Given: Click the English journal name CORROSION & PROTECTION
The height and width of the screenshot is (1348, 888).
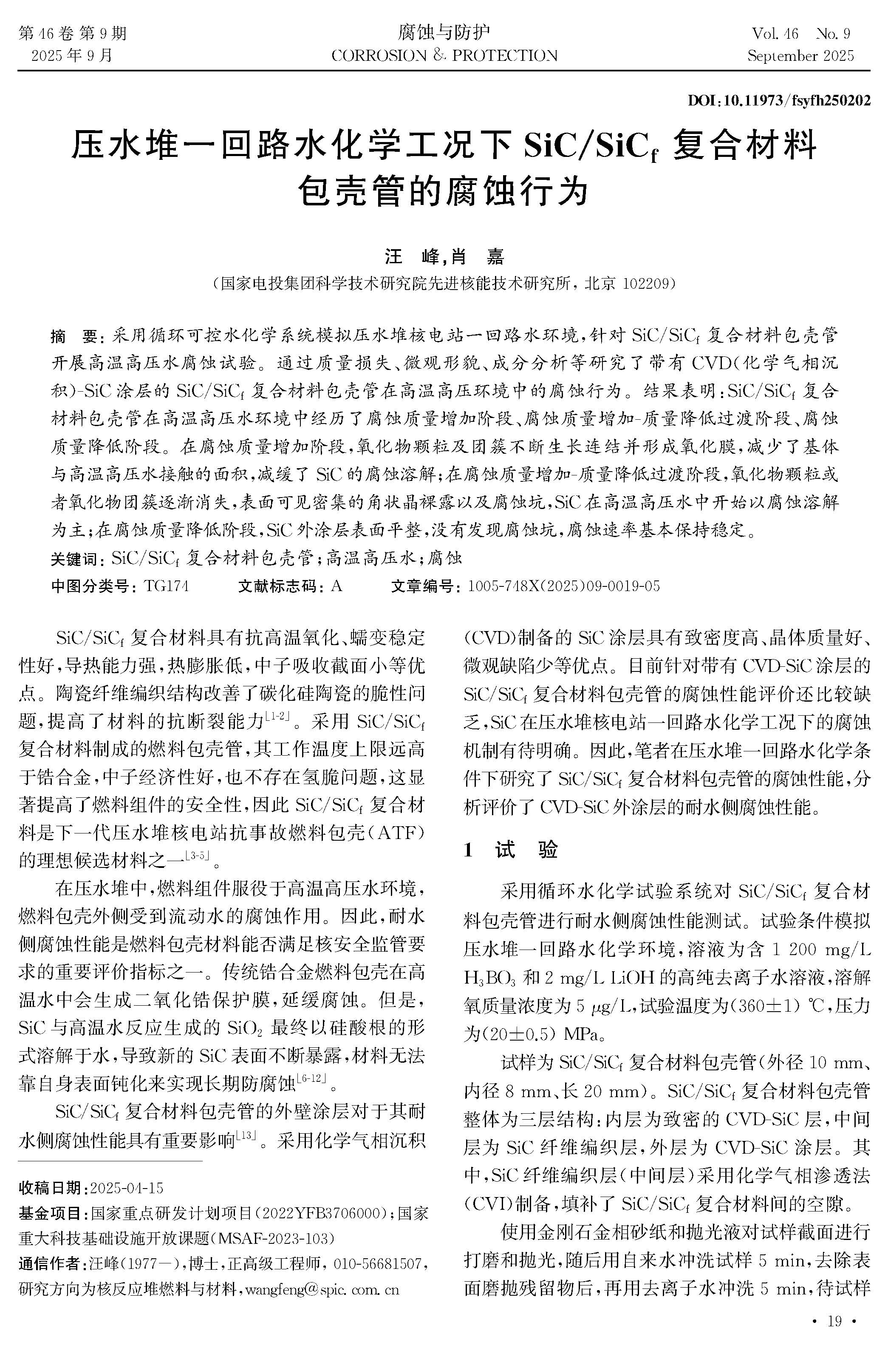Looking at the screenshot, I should coord(444,56).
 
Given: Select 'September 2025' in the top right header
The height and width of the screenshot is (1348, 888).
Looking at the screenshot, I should coord(800,56).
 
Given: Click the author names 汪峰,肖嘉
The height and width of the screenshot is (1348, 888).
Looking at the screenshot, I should coord(444,257).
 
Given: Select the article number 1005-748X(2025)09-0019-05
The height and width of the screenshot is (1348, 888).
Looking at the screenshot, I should coord(563,586).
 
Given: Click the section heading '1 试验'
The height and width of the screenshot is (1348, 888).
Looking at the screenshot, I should coord(510,850).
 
